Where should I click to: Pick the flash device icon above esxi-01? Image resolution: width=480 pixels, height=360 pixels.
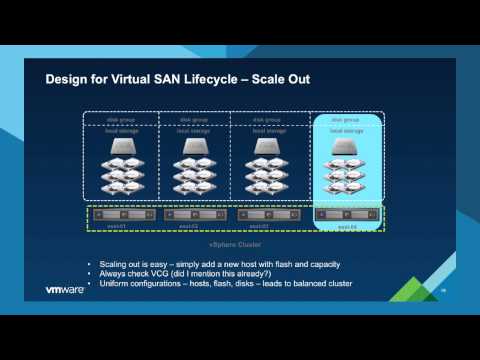click(x=121, y=146)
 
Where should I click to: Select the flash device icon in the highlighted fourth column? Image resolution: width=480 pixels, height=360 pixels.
click(x=345, y=146)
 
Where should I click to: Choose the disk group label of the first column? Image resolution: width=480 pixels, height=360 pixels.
click(x=121, y=118)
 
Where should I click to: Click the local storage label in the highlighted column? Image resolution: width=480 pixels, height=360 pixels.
click(x=345, y=130)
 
